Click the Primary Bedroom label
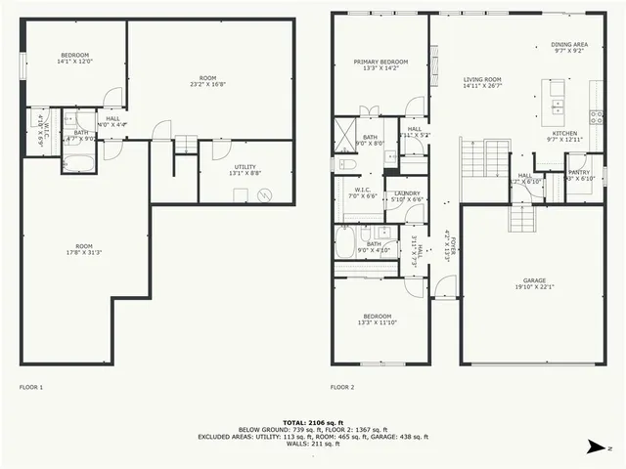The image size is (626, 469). pyautogui.click(x=378, y=62)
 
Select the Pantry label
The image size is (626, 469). pyautogui.click(x=579, y=171)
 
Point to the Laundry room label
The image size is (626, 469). pyautogui.click(x=408, y=192)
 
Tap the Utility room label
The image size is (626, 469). pyautogui.click(x=245, y=167)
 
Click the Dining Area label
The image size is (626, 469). pyautogui.click(x=568, y=44)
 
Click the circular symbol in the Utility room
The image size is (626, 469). pyautogui.click(x=262, y=194)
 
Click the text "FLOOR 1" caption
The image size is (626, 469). pyautogui.click(x=31, y=387)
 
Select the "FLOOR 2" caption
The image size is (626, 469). pyautogui.click(x=341, y=387)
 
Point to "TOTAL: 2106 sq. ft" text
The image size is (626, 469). pyautogui.click(x=312, y=421)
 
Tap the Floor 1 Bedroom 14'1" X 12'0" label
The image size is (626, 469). pyautogui.click(x=75, y=58)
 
